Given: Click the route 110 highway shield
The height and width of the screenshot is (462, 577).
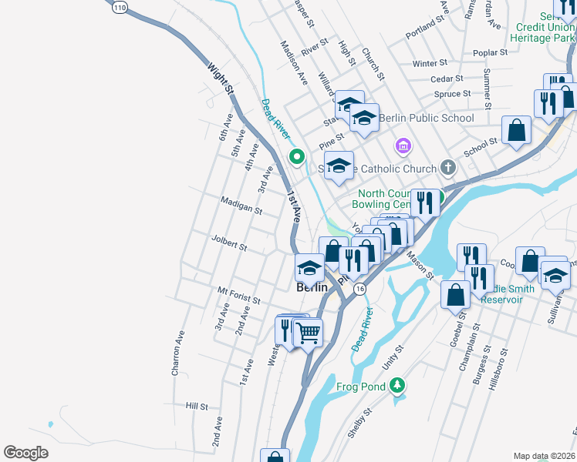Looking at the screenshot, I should pos(119,7).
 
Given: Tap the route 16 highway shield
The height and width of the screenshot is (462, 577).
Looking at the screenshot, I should pos(359,288).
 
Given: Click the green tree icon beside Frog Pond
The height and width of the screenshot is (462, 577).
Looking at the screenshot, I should pos(397,384).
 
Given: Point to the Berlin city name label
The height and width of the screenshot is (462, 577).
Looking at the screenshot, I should pos(312,287).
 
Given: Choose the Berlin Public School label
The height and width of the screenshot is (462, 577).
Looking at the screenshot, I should pos(426,118).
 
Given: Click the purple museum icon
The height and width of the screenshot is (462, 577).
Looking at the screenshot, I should pos(402,146).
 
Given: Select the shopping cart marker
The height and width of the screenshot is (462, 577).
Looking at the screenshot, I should pos(308,332).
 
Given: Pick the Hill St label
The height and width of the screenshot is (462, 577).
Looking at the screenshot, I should pos(197,405).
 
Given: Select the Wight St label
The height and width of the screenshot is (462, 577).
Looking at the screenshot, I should pos(220,79).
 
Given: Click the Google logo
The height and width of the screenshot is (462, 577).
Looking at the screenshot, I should pos(25,453).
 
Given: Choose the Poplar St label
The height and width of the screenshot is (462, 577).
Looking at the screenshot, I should pos(492,53).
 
